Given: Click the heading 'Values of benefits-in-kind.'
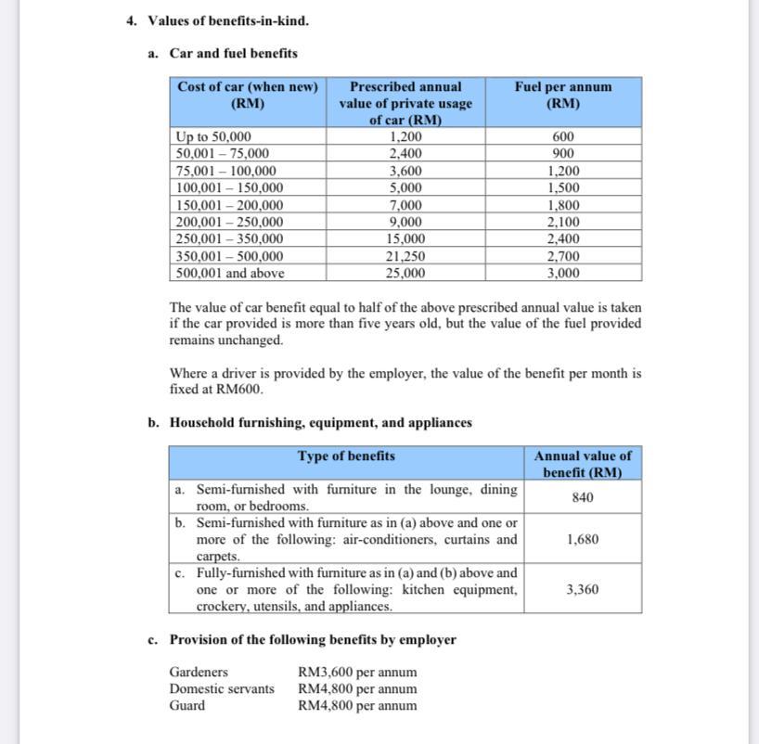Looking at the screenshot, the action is [228, 20].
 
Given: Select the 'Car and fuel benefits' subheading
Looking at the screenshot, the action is [233, 53].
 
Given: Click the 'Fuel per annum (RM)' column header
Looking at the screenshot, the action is [563, 95].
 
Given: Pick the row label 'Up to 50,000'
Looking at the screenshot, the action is [213, 136].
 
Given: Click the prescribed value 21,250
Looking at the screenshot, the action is [405, 256].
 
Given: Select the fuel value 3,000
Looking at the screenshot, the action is [563, 273].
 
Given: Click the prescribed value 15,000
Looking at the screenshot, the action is [405, 238].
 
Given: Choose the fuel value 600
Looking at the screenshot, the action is [563, 136].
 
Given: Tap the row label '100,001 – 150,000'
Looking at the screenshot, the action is [229, 187].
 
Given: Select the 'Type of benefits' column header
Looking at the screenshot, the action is [346, 455].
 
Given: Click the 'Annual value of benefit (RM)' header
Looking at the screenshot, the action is [583, 463].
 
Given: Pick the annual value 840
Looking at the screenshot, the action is [583, 497].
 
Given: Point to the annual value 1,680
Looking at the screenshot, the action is [583, 539].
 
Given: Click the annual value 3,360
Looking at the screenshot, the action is [583, 589].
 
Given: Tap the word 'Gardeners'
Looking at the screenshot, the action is [199, 672].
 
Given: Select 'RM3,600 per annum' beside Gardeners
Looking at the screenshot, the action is [357, 672].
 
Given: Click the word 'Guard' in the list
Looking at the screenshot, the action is [187, 705].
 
